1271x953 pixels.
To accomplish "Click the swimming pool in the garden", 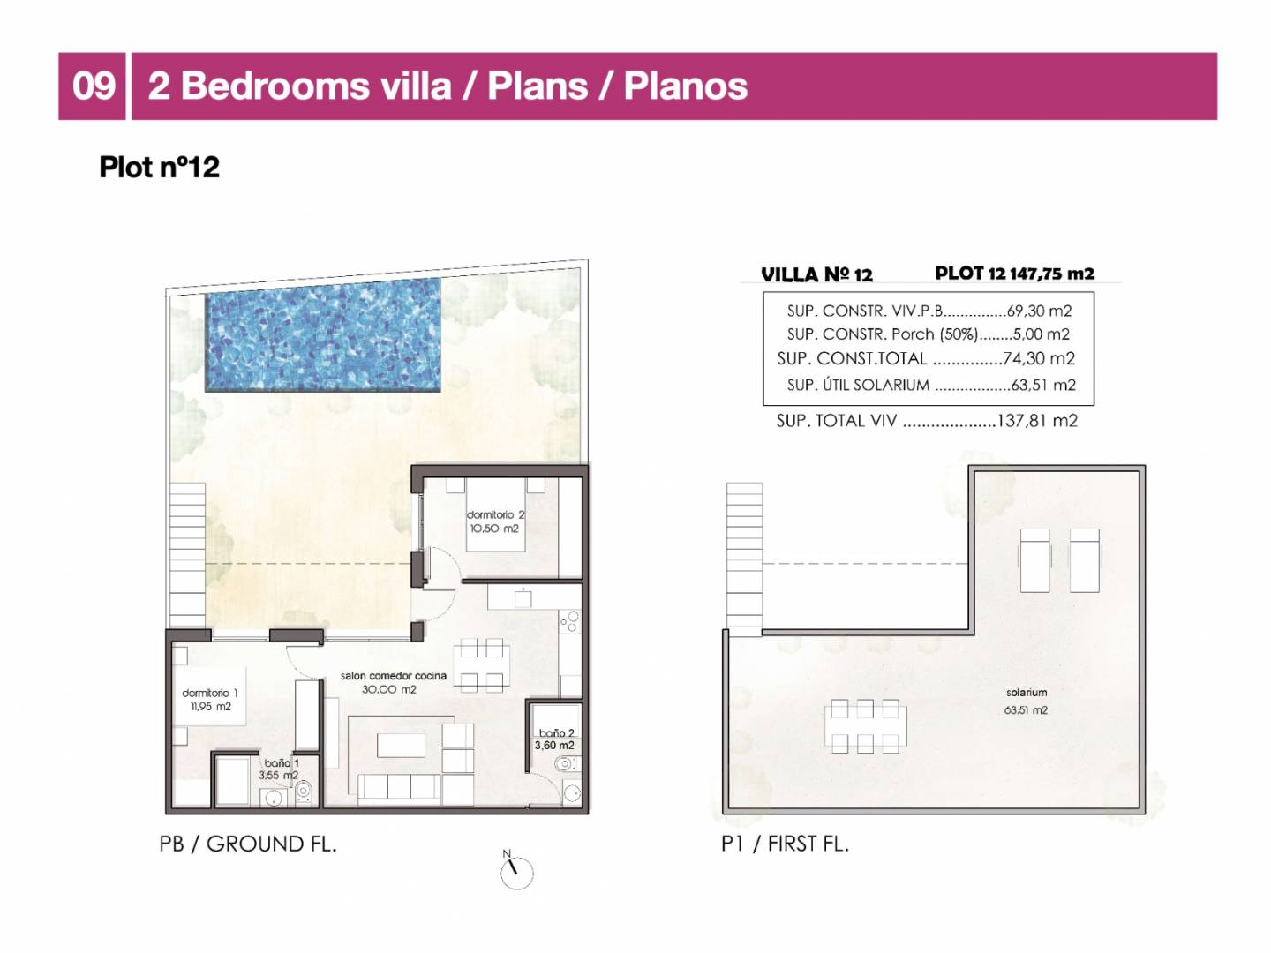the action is click(323, 335).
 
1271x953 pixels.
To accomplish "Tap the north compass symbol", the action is click(516, 870).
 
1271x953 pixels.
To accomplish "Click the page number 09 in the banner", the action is click(93, 86).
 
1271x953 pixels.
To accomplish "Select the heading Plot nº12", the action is click(159, 168).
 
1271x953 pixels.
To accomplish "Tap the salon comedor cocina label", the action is click(393, 675).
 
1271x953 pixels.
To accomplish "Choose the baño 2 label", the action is click(556, 733).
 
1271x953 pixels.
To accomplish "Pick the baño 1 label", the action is click(282, 763).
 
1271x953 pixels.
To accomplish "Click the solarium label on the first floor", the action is click(1026, 692).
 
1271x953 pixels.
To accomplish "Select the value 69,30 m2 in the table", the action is click(1040, 311).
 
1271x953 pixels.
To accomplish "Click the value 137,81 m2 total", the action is click(1037, 421).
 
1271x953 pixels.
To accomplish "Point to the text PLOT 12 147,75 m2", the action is click(1014, 274).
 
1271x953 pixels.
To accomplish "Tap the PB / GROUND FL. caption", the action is click(248, 844).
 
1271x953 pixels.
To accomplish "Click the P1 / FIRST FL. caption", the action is click(785, 844).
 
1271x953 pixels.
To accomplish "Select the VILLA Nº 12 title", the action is click(816, 274).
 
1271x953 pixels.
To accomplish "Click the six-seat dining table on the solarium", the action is click(865, 726).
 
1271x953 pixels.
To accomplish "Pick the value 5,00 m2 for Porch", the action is click(1042, 334).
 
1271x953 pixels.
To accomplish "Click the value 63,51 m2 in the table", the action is click(1043, 385).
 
